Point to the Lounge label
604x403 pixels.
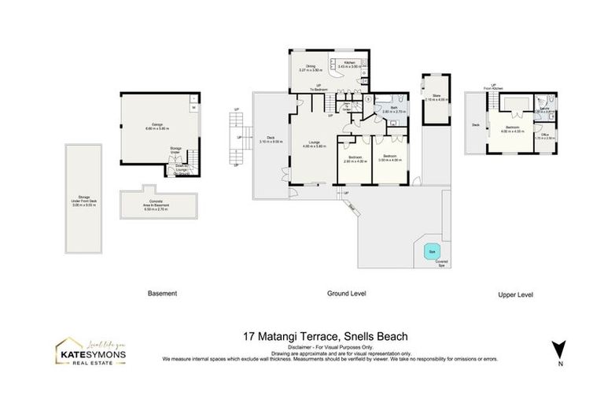313,143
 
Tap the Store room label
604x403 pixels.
435,98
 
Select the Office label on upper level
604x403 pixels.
545,136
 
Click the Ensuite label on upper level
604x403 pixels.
544,109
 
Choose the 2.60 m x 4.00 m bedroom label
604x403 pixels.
354,158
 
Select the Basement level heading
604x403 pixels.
162,294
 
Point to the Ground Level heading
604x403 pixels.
347,294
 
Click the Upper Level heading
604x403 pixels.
515,294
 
